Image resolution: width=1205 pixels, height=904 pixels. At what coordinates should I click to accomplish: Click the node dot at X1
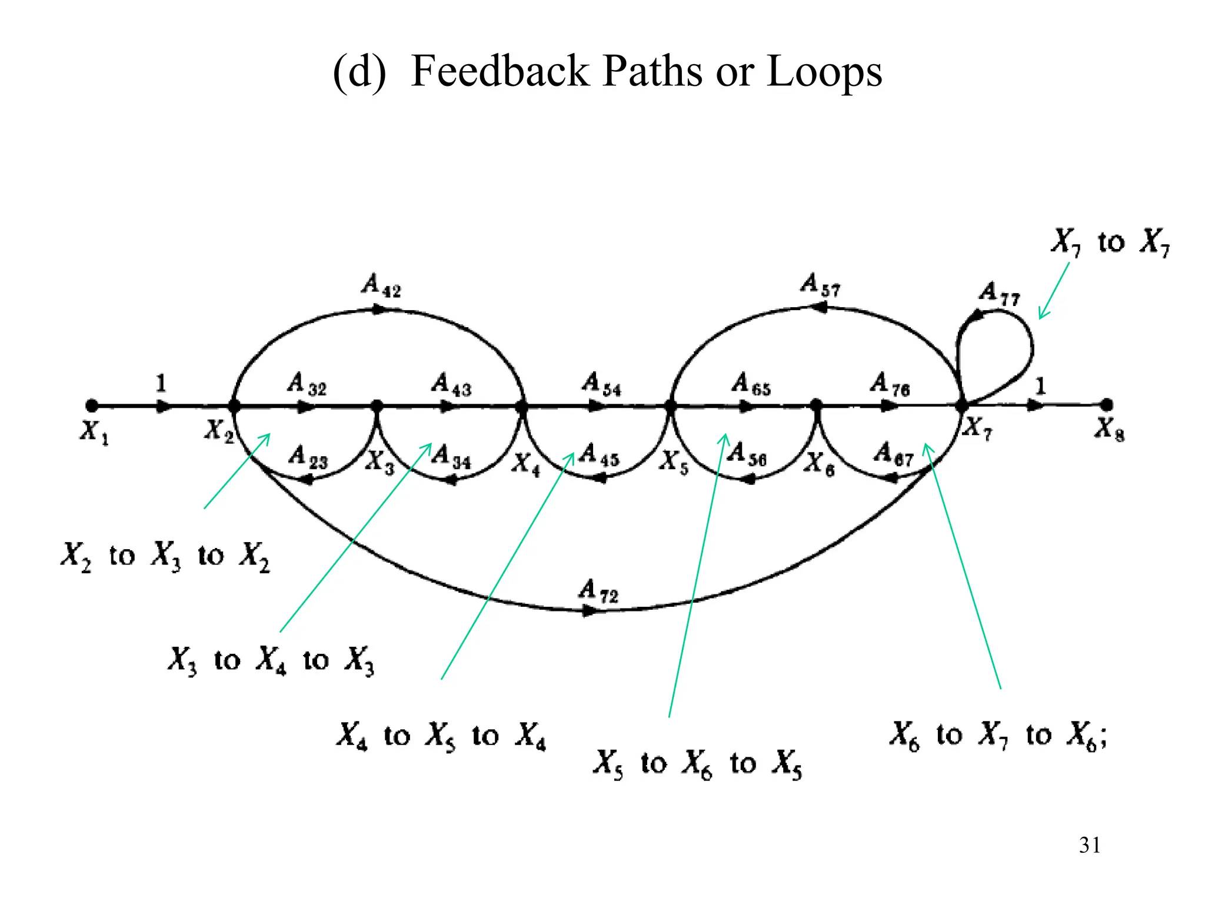[x=91, y=406]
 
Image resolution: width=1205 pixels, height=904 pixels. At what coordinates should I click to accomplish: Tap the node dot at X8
[x=1107, y=405]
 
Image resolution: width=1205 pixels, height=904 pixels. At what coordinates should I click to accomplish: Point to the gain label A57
[x=820, y=285]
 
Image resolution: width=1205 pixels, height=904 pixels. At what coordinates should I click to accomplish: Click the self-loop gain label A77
[x=998, y=293]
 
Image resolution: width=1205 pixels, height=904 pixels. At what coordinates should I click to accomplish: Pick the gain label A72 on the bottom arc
[x=598, y=590]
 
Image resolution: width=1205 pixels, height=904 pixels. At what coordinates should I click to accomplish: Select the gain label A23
[x=308, y=457]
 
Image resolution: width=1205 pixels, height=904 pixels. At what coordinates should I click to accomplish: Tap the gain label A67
[x=893, y=455]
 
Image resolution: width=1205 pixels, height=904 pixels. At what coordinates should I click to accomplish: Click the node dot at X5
[x=670, y=406]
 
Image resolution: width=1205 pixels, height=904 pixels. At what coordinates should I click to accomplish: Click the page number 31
[x=1090, y=845]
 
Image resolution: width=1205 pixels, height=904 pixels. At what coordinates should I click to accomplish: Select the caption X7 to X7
[x=1110, y=242]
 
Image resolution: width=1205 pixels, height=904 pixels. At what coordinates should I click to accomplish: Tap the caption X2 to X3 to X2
[x=165, y=556]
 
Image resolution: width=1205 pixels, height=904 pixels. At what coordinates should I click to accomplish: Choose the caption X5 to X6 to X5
[x=697, y=763]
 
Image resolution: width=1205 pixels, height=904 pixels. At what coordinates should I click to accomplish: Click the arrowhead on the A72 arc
[x=588, y=611]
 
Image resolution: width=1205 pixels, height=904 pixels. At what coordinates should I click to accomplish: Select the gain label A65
[x=751, y=384]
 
